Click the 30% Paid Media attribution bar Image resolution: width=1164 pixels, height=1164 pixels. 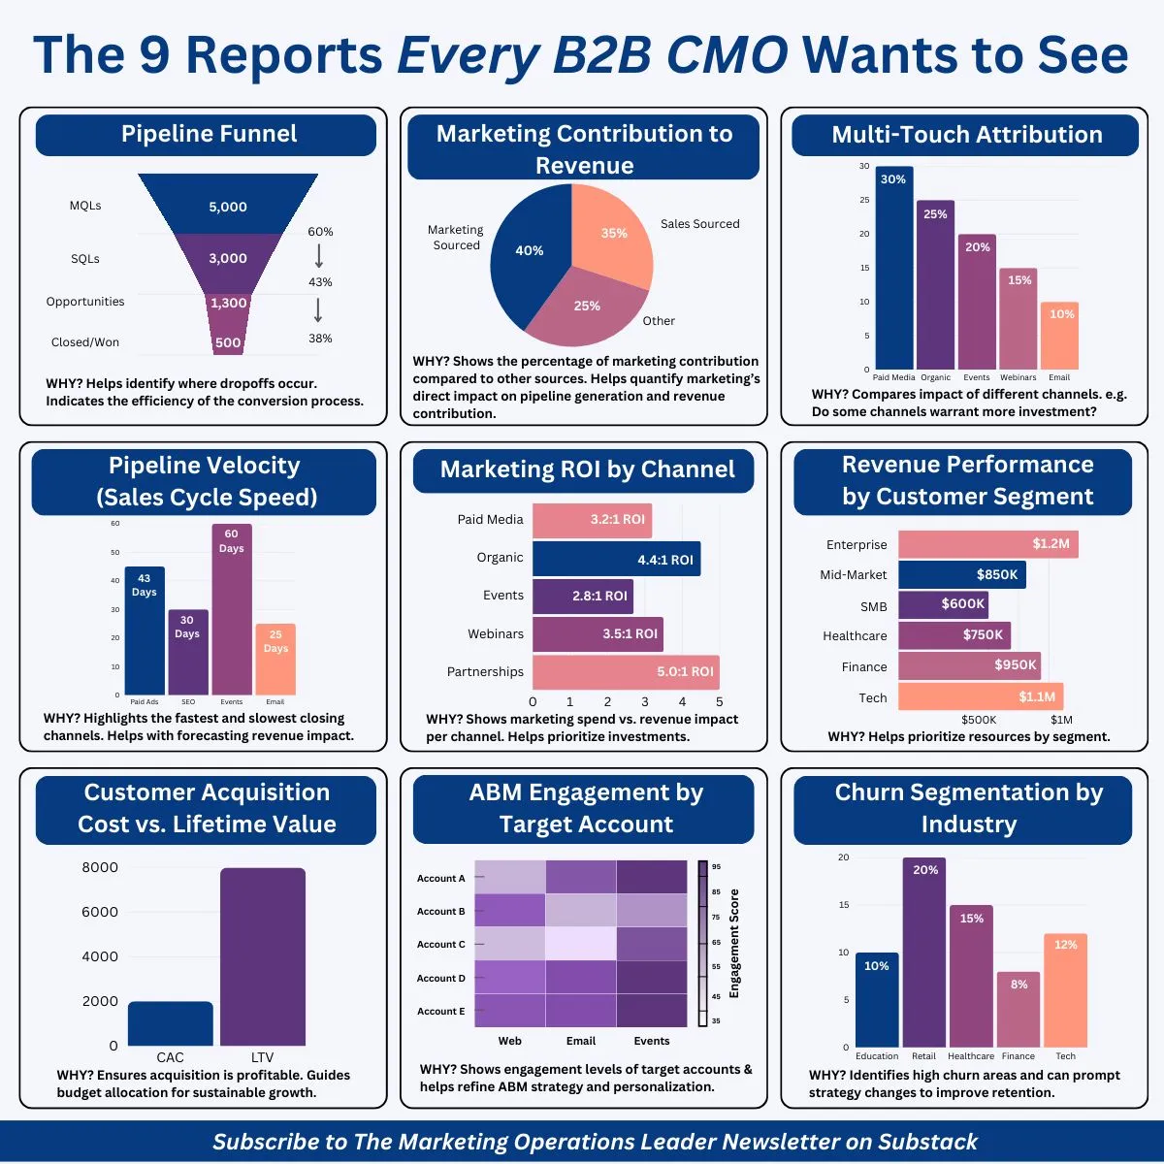(893, 272)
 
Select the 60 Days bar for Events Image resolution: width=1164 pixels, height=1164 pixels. (232, 611)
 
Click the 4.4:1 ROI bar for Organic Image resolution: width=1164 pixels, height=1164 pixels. (616, 560)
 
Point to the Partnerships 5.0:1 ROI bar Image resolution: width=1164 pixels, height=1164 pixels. (626, 671)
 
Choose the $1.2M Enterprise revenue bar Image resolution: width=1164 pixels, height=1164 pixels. (987, 544)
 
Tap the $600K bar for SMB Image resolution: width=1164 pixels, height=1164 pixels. (943, 604)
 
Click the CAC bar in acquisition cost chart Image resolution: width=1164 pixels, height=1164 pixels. (170, 1023)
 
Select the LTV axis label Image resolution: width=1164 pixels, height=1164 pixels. (262, 1057)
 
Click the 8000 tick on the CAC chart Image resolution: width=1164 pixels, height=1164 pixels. (100, 867)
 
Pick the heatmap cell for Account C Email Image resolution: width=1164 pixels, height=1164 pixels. (580, 944)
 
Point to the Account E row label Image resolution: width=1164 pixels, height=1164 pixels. (440, 1011)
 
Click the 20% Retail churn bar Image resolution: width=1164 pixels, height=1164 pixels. (923, 955)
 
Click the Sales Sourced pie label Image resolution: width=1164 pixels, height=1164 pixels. (699, 224)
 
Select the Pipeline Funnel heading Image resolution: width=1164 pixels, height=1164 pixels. (208, 134)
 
